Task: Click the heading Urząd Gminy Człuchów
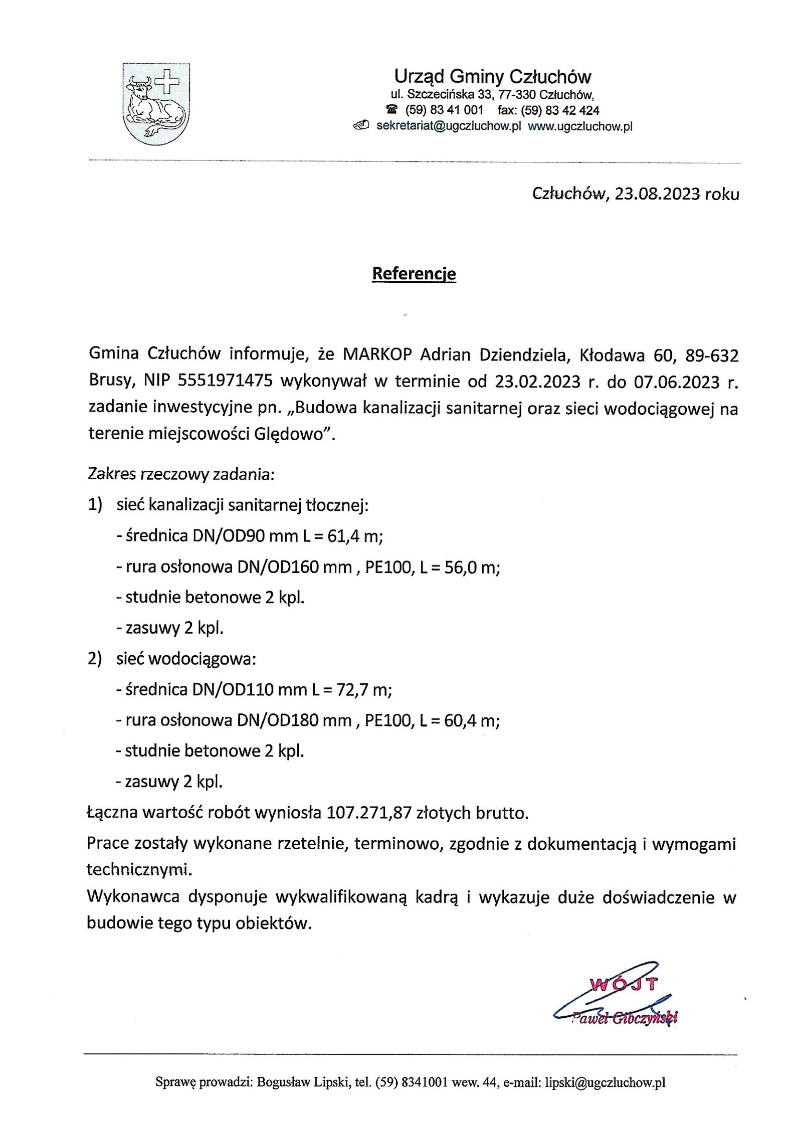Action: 493,77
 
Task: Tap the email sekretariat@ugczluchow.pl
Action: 446,126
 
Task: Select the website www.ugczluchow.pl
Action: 580,126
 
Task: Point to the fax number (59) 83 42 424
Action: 560,110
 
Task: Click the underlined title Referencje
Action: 414,274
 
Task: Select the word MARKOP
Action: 377,355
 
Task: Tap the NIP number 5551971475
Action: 225,382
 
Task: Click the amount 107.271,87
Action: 369,813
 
